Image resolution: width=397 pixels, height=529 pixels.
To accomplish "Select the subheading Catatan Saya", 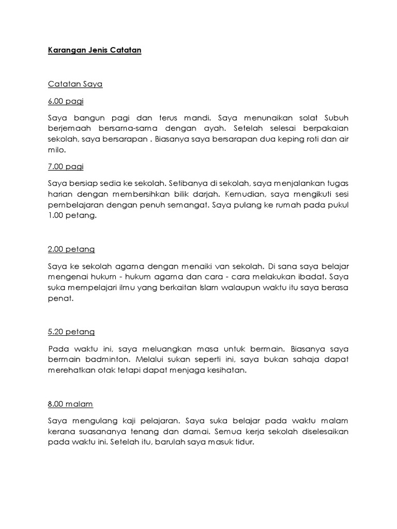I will (x=75, y=84).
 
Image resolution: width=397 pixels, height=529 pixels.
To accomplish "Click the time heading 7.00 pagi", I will (x=65, y=166).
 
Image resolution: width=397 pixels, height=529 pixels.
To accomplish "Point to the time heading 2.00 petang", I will (x=71, y=249).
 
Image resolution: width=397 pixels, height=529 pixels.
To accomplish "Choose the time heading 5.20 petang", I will (x=71, y=332).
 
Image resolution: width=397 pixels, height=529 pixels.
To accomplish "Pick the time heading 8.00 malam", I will (x=70, y=403).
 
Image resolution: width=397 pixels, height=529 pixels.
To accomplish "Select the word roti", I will (x=299, y=139).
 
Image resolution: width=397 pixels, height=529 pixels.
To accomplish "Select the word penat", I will (x=59, y=299).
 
